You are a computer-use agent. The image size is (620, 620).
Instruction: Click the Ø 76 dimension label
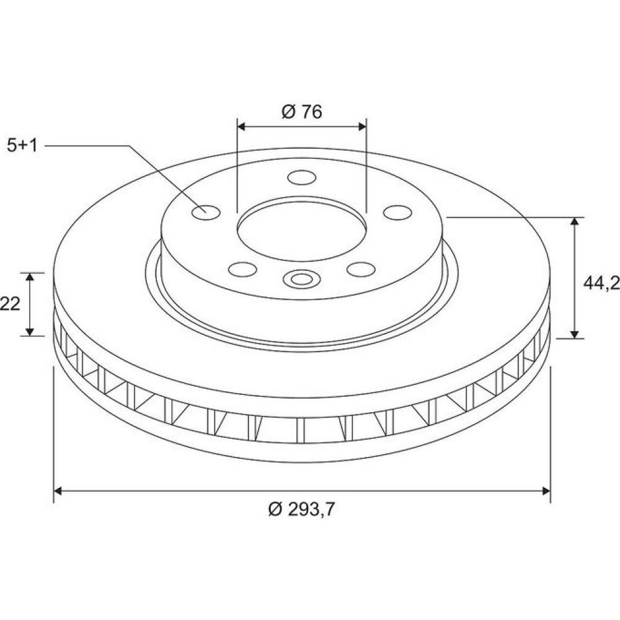302,112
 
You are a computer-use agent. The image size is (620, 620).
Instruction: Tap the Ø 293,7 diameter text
301,509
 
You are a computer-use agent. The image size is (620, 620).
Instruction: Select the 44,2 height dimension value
601,283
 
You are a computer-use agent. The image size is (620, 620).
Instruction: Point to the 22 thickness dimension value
9,304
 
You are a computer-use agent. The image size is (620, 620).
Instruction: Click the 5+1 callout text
22,146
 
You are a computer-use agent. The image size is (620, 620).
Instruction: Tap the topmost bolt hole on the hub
302,177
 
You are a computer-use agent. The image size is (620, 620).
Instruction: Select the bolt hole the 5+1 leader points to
206,212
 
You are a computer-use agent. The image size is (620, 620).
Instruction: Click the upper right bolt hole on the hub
397,212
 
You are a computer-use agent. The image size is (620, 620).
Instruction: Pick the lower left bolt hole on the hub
242,269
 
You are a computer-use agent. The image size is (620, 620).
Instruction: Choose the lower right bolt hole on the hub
361,269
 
